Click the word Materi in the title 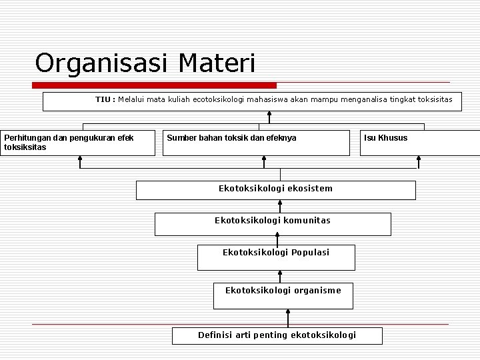[x=217, y=63]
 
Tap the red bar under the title [x=155, y=85]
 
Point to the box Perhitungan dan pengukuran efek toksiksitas [x=78, y=143]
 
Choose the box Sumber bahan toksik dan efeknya [x=256, y=143]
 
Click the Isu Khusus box [x=419, y=143]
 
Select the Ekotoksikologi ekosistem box [x=275, y=190]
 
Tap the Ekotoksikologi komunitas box [x=273, y=224]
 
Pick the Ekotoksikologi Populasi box [x=276, y=257]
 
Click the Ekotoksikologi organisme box [x=283, y=295]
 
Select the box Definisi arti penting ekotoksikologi [x=277, y=335]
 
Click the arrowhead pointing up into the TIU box [x=269, y=114]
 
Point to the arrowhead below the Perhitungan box [x=80, y=159]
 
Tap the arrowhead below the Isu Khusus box [x=419, y=159]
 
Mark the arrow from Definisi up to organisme [x=288, y=317]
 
